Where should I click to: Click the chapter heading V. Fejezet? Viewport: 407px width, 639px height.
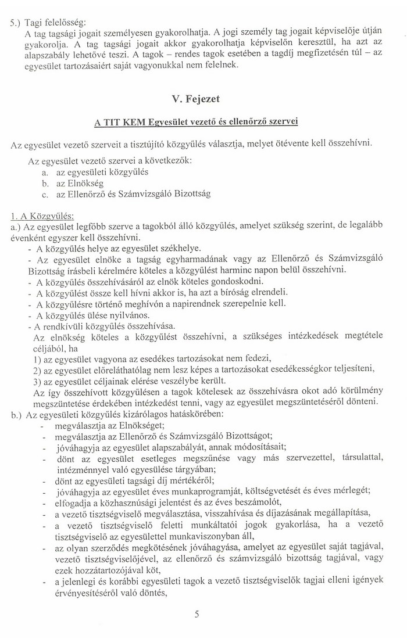coord(203,98)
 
